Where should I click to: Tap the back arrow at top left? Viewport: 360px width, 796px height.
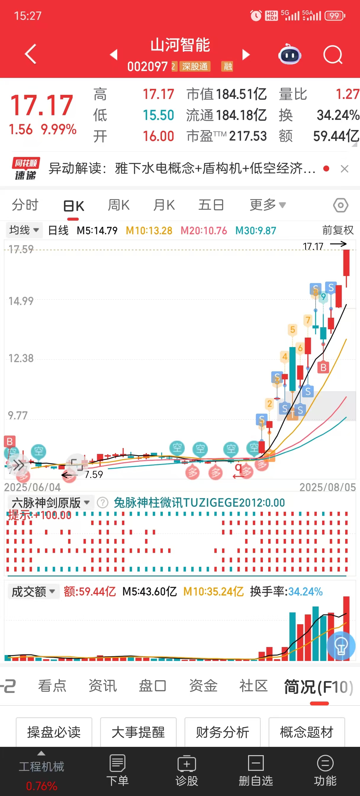[30, 54]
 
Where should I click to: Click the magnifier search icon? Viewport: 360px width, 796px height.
[332, 55]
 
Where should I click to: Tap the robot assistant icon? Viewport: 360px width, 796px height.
[290, 55]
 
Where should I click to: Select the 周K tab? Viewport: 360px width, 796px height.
[119, 205]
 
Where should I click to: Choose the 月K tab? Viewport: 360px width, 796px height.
[164, 205]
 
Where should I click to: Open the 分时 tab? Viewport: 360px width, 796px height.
[25, 205]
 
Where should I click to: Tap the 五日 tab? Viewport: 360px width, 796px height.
[211, 205]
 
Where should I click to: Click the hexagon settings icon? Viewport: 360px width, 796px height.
[340, 205]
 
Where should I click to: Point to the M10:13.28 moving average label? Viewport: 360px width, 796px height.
[149, 230]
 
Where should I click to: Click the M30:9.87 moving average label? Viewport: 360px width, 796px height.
[255, 230]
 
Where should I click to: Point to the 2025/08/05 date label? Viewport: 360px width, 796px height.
[327, 487]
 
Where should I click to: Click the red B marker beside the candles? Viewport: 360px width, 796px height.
[323, 367]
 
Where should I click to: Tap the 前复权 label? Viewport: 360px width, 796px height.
[338, 230]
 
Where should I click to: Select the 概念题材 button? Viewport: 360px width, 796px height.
[306, 732]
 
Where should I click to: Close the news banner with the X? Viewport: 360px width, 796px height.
[345, 169]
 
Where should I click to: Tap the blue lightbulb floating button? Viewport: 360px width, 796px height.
[341, 646]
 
